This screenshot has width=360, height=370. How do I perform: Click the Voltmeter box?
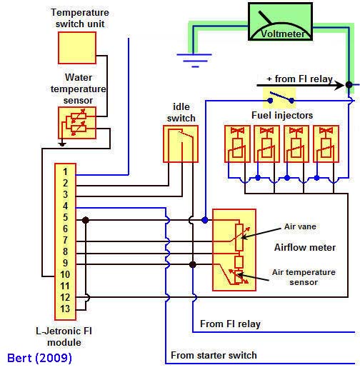pyautogui.click(x=280, y=21)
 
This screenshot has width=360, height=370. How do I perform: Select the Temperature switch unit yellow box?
pyautogui.click(x=77, y=48)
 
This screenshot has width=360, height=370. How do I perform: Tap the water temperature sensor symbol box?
pyautogui.click(x=77, y=123)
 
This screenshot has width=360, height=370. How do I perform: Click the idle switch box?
pyautogui.click(x=181, y=144)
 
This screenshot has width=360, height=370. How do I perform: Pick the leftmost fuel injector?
pyautogui.click(x=237, y=144)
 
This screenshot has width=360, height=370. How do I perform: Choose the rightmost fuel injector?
pyautogui.click(x=326, y=144)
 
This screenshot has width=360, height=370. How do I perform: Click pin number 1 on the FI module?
pyautogui.click(x=65, y=171)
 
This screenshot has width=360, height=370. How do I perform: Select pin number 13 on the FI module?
pyautogui.click(x=65, y=309)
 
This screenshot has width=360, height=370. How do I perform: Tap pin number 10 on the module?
pyautogui.click(x=65, y=274)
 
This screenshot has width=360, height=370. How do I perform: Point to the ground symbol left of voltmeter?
pyautogui.click(x=194, y=60)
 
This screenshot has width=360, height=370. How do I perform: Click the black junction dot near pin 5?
pyautogui.click(x=86, y=220)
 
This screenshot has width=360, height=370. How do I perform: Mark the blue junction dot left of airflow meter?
pyautogui.click(x=205, y=220)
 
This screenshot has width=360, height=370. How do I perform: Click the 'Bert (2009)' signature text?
pyautogui.click(x=39, y=359)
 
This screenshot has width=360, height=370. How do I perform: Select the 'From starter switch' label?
pyautogui.click(x=214, y=355)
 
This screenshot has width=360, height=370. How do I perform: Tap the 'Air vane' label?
pyautogui.click(x=300, y=226)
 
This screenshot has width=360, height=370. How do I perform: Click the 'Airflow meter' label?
pyautogui.click(x=305, y=247)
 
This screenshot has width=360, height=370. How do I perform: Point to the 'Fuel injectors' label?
pyautogui.click(x=282, y=116)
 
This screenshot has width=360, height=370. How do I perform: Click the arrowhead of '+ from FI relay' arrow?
pyautogui.click(x=339, y=85)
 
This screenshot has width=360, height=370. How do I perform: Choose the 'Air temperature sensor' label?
pyautogui.click(x=304, y=277)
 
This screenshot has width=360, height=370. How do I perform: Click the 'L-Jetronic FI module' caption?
pyautogui.click(x=64, y=336)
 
